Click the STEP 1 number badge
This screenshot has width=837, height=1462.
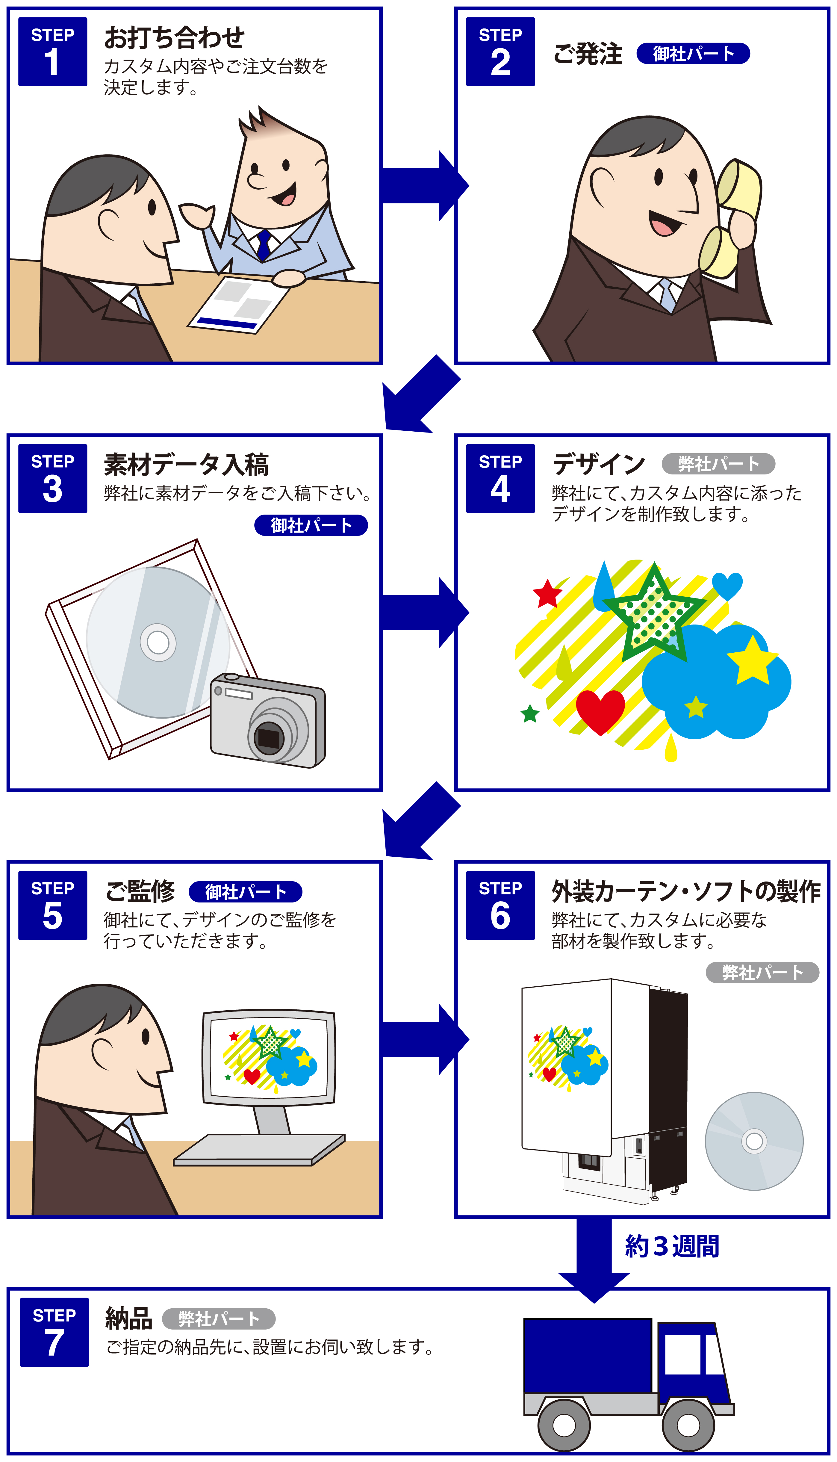click(52, 52)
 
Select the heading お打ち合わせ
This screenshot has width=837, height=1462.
click(174, 38)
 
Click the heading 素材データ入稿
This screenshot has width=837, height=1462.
click(186, 465)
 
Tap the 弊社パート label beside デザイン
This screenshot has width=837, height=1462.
click(718, 463)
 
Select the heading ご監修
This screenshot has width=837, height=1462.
click(140, 891)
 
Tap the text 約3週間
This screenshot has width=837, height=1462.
click(671, 1246)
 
